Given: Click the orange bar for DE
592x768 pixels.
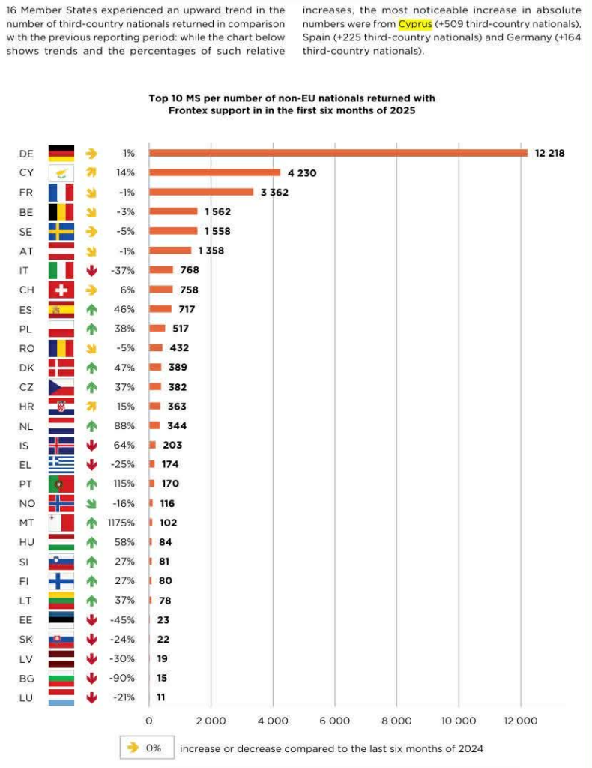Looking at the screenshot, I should (338, 153).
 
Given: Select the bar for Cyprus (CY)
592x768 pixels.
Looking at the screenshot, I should (214, 172).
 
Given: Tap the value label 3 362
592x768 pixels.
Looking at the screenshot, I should (274, 192).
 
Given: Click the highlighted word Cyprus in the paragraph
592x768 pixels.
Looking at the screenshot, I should (415, 24).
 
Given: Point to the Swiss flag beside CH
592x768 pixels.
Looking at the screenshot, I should (61, 289).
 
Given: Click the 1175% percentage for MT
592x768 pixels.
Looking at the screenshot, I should (121, 523).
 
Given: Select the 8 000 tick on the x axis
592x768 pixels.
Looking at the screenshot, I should (396, 721).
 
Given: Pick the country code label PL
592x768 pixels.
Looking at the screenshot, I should (26, 328).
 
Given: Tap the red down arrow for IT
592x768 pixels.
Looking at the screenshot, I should (92, 270).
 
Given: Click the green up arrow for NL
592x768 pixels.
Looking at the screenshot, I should (92, 425).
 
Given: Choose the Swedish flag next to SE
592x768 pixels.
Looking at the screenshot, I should (61, 231).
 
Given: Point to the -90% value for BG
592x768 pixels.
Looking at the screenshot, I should (124, 678).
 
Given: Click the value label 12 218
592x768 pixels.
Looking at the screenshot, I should (549, 153).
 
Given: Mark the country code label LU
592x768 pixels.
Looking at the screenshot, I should (26, 697).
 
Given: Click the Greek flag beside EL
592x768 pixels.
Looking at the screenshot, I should (61, 464).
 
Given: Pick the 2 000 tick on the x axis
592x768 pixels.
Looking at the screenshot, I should (211, 721).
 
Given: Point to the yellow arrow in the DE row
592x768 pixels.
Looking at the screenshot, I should (92, 153).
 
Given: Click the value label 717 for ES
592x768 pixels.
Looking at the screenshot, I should (187, 309).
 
